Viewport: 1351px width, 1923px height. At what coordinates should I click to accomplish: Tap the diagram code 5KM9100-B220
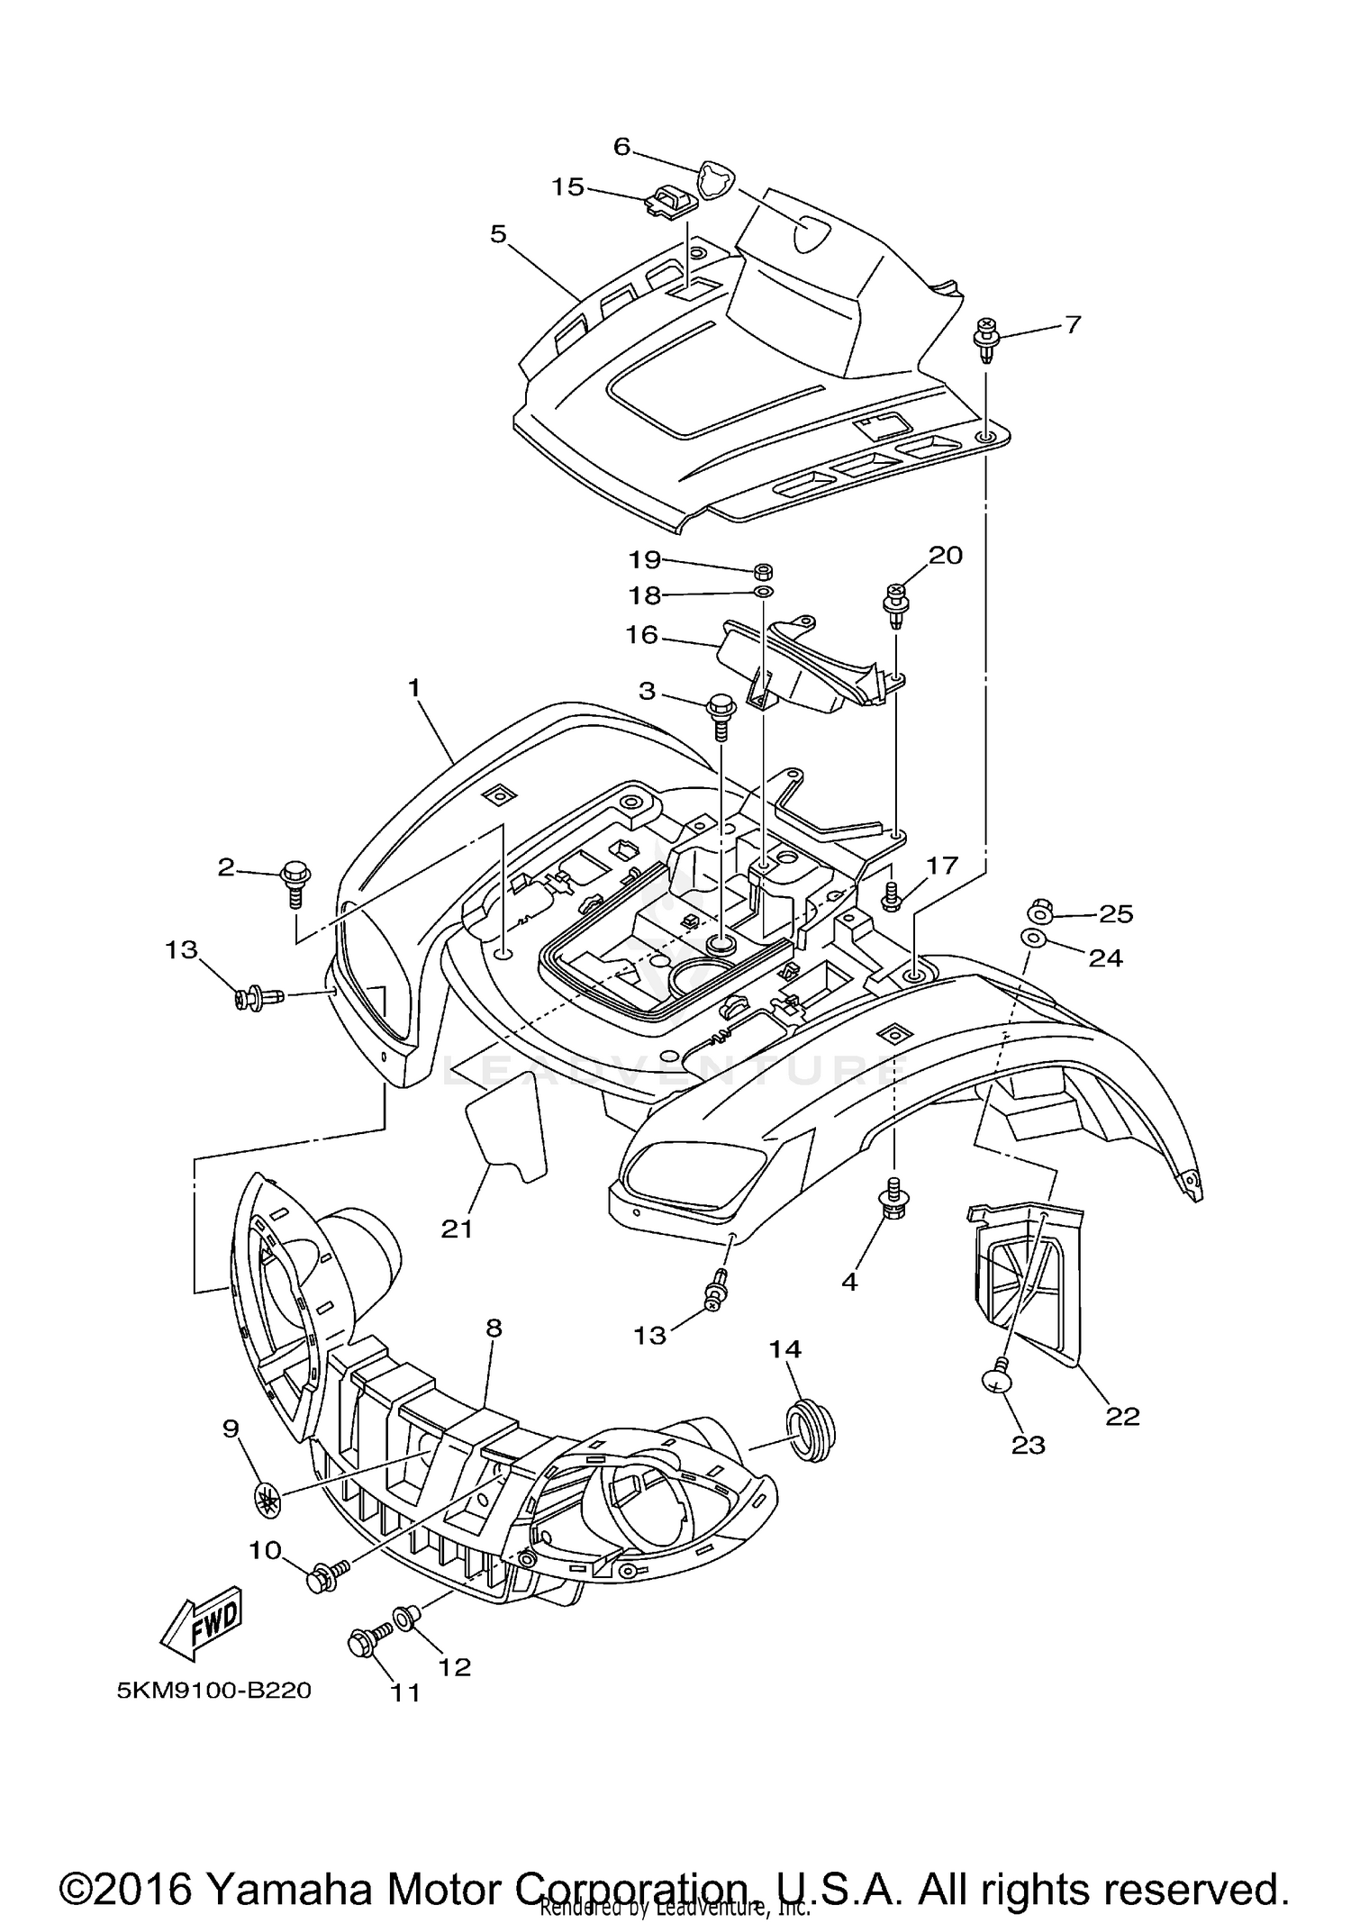213,1691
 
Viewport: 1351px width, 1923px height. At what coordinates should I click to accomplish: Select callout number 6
621,147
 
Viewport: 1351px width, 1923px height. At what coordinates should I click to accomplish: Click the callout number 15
568,187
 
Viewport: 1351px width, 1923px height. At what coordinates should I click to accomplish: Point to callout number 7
1072,324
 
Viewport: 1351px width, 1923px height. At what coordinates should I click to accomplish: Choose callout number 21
457,1228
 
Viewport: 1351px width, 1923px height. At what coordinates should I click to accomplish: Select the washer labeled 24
1032,939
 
